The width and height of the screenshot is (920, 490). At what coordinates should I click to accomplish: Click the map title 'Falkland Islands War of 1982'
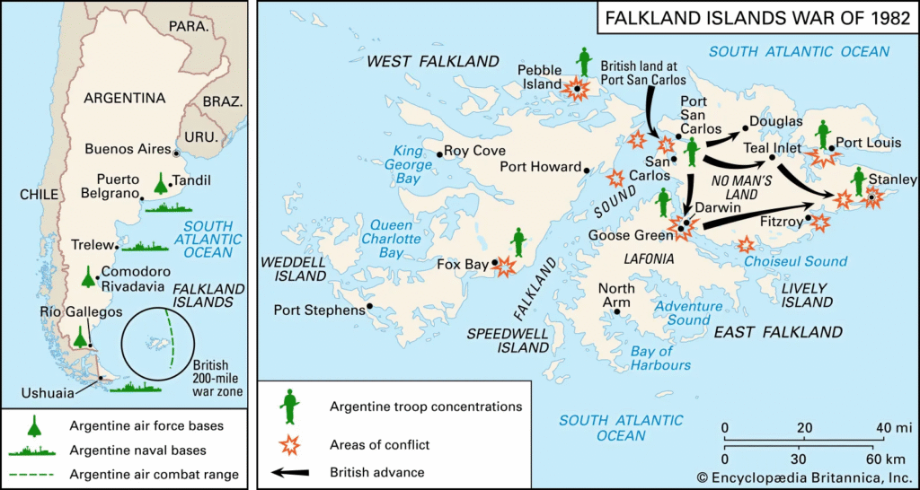tap(756, 19)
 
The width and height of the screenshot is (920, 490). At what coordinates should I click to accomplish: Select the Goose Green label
tap(629, 235)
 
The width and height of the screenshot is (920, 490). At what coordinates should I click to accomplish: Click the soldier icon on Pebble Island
tap(585, 61)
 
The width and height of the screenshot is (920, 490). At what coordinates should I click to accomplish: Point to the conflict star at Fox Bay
tap(505, 266)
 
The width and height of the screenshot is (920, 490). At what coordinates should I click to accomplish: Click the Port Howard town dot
tap(587, 169)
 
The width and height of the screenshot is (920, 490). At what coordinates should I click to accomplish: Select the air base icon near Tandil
tap(160, 183)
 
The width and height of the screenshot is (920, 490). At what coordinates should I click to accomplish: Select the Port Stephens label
tap(318, 310)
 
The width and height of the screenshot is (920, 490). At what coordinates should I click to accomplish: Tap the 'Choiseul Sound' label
tap(795, 261)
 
